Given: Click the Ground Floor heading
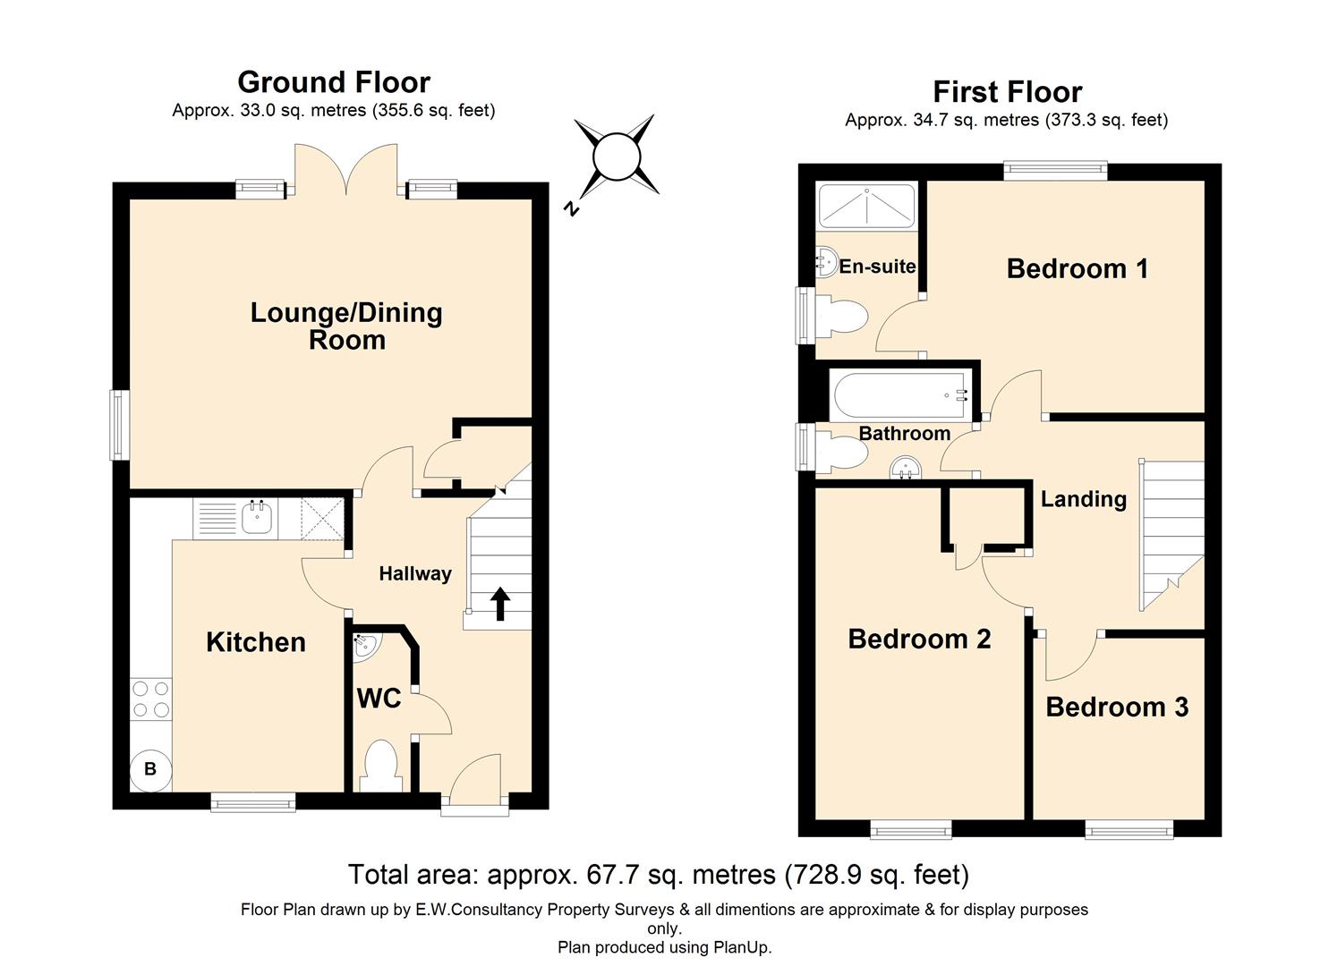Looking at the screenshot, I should (x=334, y=82).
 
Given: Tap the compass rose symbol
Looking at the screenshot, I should (x=617, y=157).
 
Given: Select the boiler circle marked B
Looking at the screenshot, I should (x=150, y=769).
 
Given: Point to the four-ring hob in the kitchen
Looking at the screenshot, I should (x=150, y=699).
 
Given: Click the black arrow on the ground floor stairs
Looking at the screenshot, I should (x=499, y=604).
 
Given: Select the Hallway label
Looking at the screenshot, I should (x=414, y=573).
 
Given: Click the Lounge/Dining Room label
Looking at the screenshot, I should (x=346, y=326).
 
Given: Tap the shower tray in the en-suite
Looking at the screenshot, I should (x=866, y=206).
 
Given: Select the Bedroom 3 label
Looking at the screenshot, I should (x=1116, y=707).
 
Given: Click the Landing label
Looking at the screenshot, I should (x=1083, y=498).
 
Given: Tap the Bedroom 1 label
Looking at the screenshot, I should (x=1077, y=268).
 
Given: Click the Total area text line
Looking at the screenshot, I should (x=658, y=874).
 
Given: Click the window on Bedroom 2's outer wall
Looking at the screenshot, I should (x=911, y=830).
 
